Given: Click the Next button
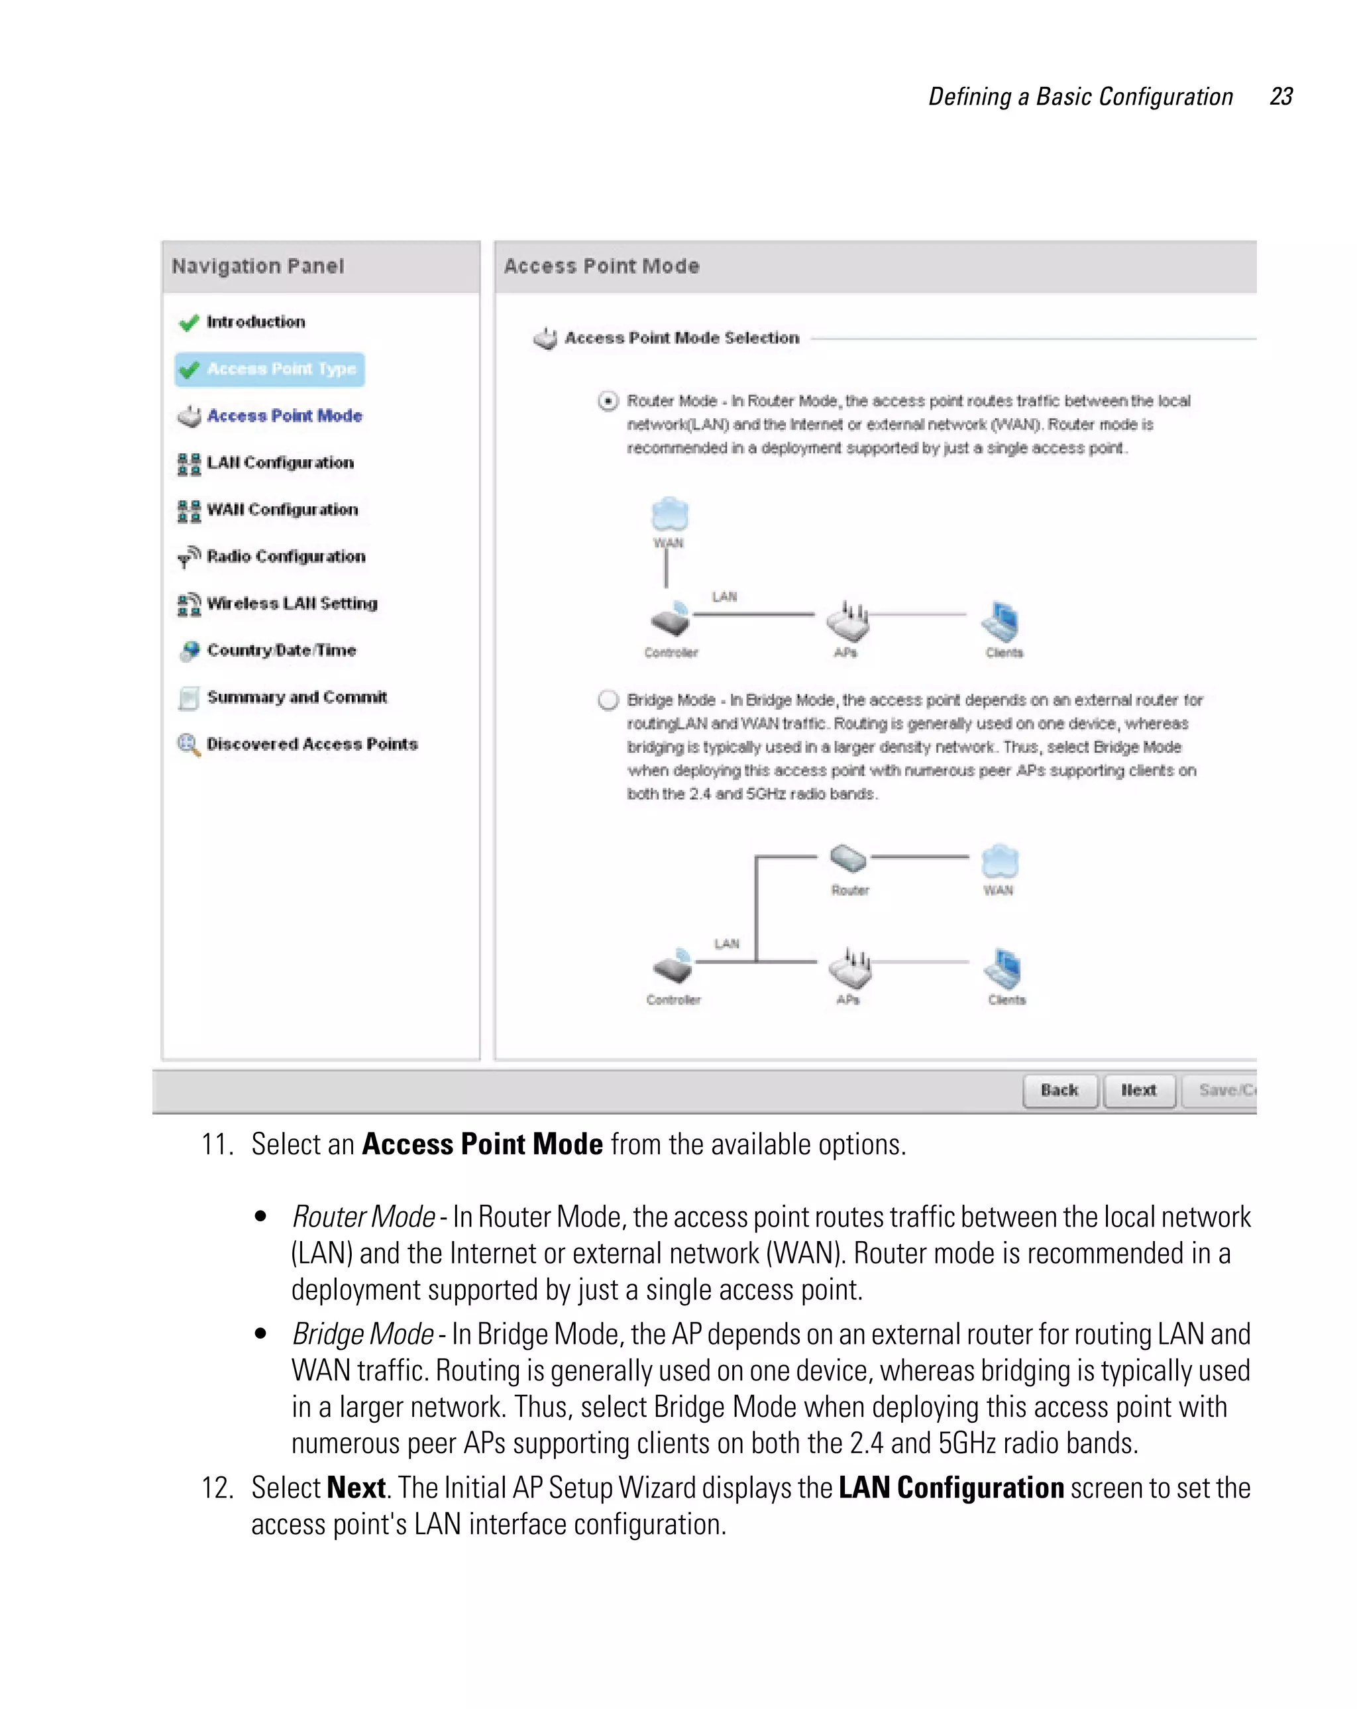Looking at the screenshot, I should tap(1138, 1090).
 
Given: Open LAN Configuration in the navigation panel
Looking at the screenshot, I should tap(279, 463).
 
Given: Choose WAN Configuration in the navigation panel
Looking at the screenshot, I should tap(282, 510).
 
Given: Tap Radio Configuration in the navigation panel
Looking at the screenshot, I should tap(286, 557).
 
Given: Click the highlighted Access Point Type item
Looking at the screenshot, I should tap(270, 369).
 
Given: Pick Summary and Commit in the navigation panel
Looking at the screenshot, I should tap(296, 698).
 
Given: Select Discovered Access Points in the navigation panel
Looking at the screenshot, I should tap(311, 744).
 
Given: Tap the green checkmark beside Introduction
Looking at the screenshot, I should tap(189, 323).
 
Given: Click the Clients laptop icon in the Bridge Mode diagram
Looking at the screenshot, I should tap(1003, 968).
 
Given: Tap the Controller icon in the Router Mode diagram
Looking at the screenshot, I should tap(671, 621).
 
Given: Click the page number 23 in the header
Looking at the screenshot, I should tap(1280, 97).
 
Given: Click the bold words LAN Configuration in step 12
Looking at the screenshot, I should tap(950, 1488).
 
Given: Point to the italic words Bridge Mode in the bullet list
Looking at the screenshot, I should tap(362, 1334).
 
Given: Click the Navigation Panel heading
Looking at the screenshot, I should tap(258, 266).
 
